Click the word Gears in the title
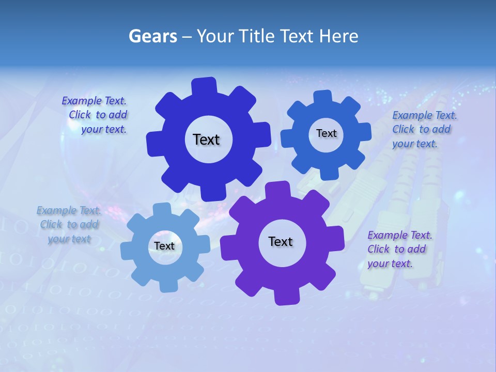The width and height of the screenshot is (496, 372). pyautogui.click(x=153, y=36)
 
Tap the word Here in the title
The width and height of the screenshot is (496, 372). pyautogui.click(x=339, y=36)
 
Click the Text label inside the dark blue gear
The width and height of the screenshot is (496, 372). pyautogui.click(x=206, y=139)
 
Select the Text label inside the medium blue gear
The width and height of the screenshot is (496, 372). pyautogui.click(x=326, y=133)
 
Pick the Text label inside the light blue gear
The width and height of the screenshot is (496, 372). pyautogui.click(x=164, y=246)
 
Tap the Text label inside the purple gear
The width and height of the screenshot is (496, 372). pyautogui.click(x=281, y=241)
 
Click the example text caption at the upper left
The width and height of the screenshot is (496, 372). pyautogui.click(x=95, y=115)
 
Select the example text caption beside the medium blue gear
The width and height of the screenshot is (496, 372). pyautogui.click(x=424, y=129)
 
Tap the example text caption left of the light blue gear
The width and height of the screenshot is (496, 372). pyautogui.click(x=69, y=224)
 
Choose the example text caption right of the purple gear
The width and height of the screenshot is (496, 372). pyautogui.click(x=399, y=249)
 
